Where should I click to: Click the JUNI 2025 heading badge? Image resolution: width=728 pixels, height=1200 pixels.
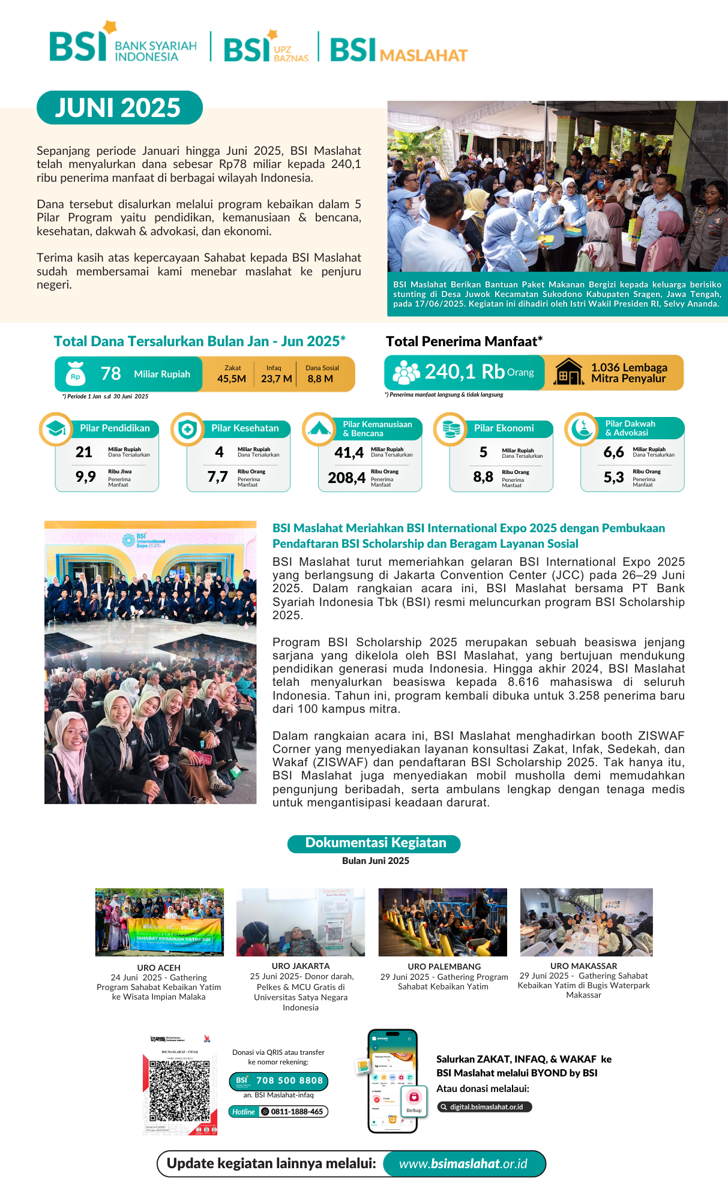click(119, 108)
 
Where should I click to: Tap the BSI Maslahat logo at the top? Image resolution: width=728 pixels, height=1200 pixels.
click(399, 50)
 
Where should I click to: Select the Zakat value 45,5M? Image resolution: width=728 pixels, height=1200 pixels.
click(232, 379)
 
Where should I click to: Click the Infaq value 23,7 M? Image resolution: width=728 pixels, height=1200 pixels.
click(276, 379)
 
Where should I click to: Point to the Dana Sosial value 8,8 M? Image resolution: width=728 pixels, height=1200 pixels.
click(320, 379)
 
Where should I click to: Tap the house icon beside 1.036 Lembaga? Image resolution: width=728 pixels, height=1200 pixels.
click(568, 371)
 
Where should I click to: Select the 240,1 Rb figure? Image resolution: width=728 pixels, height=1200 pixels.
click(465, 372)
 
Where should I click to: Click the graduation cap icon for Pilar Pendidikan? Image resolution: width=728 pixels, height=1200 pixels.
click(56, 429)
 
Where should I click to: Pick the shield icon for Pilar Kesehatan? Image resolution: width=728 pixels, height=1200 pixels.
click(187, 429)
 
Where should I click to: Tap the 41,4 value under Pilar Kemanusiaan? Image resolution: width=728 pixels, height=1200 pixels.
click(349, 453)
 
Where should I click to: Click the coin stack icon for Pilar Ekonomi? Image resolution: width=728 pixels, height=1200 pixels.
click(450, 429)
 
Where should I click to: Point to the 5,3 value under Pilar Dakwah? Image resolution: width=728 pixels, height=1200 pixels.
click(613, 478)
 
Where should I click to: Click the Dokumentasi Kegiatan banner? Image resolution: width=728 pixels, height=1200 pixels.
click(375, 843)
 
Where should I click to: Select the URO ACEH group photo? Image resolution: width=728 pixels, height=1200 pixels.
click(159, 922)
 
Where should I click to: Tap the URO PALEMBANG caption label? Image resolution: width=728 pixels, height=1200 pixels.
click(444, 967)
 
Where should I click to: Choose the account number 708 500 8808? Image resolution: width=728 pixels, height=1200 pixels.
click(289, 1081)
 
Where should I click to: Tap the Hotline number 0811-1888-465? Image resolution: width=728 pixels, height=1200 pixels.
click(296, 1112)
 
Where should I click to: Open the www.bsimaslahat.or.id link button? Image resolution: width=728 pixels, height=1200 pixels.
click(463, 1164)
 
